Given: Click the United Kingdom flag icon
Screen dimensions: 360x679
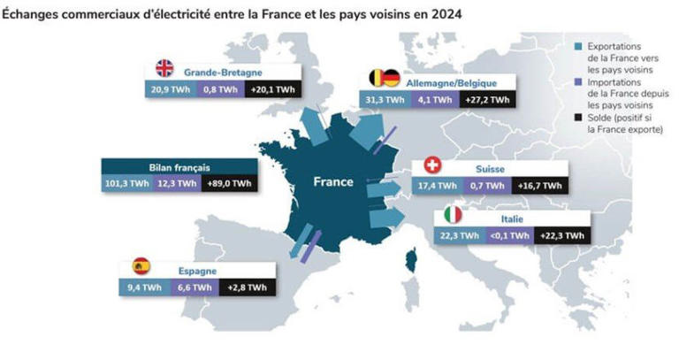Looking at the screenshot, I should [165, 68].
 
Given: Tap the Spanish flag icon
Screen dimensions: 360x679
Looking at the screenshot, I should [141, 265].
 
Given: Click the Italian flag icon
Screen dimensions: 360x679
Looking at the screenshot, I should [452, 215].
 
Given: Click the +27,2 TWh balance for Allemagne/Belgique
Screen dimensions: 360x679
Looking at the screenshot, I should [486, 100].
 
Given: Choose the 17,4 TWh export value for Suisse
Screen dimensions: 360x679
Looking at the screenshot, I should [437, 186].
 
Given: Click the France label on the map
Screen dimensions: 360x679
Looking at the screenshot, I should [333, 182].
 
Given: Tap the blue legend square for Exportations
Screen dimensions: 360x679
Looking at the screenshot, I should [577, 46].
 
